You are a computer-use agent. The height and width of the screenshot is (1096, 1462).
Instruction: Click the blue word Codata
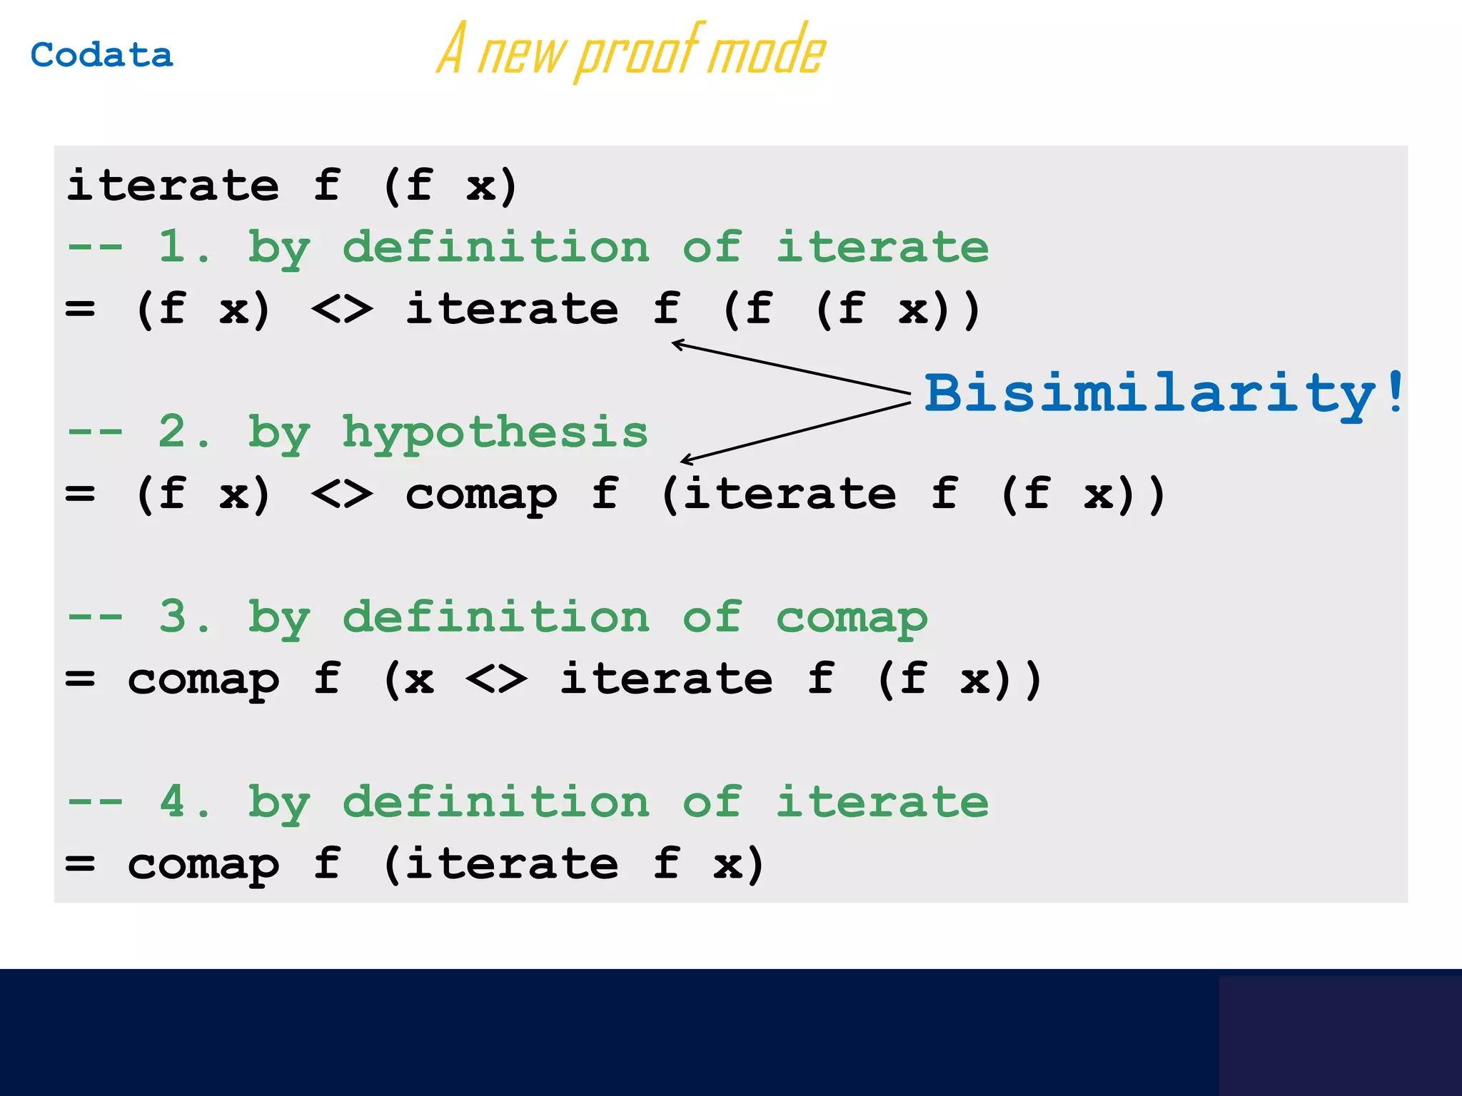(101, 55)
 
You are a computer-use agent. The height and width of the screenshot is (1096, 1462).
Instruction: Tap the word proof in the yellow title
(639, 50)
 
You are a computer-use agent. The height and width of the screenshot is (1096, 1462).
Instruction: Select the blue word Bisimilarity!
(1164, 394)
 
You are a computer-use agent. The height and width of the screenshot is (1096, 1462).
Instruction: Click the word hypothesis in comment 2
(495, 433)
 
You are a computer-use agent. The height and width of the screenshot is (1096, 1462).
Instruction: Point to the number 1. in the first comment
(183, 247)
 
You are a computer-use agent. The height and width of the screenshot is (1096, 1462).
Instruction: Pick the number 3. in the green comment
(183, 616)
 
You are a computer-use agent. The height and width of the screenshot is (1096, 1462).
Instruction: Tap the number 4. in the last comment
(183, 801)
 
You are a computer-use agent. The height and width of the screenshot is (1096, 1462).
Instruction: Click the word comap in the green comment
(852, 618)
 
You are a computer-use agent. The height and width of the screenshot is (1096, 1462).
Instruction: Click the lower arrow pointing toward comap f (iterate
(792, 432)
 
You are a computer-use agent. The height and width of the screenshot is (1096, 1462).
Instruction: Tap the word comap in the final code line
(203, 865)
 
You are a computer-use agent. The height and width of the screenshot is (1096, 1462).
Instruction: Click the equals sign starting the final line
(80, 865)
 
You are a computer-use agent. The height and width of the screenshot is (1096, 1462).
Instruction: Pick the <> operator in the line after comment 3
(496, 679)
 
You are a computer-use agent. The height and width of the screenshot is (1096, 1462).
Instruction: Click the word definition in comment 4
(496, 801)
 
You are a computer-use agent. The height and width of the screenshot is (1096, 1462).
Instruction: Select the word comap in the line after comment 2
(481, 494)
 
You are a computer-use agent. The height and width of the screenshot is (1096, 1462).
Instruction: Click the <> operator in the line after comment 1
(342, 310)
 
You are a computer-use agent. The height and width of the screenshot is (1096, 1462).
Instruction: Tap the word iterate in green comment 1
(882, 247)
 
